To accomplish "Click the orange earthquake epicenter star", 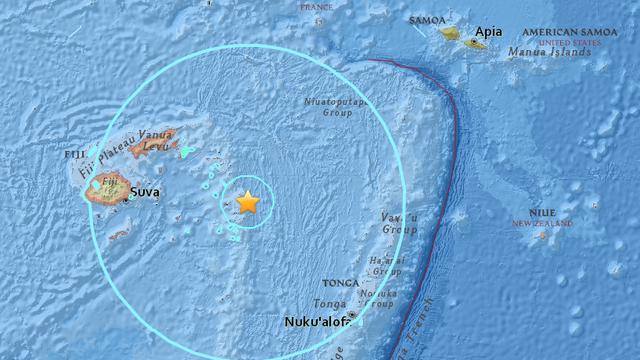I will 247,202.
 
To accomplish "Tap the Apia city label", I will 488,32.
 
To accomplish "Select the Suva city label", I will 146,192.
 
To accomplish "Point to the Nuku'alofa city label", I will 317,322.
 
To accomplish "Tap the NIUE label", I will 548,212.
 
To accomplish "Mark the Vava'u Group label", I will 398,223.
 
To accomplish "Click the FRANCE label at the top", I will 317,7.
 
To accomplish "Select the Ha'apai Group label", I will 386,265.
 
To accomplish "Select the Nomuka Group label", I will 381,293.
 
